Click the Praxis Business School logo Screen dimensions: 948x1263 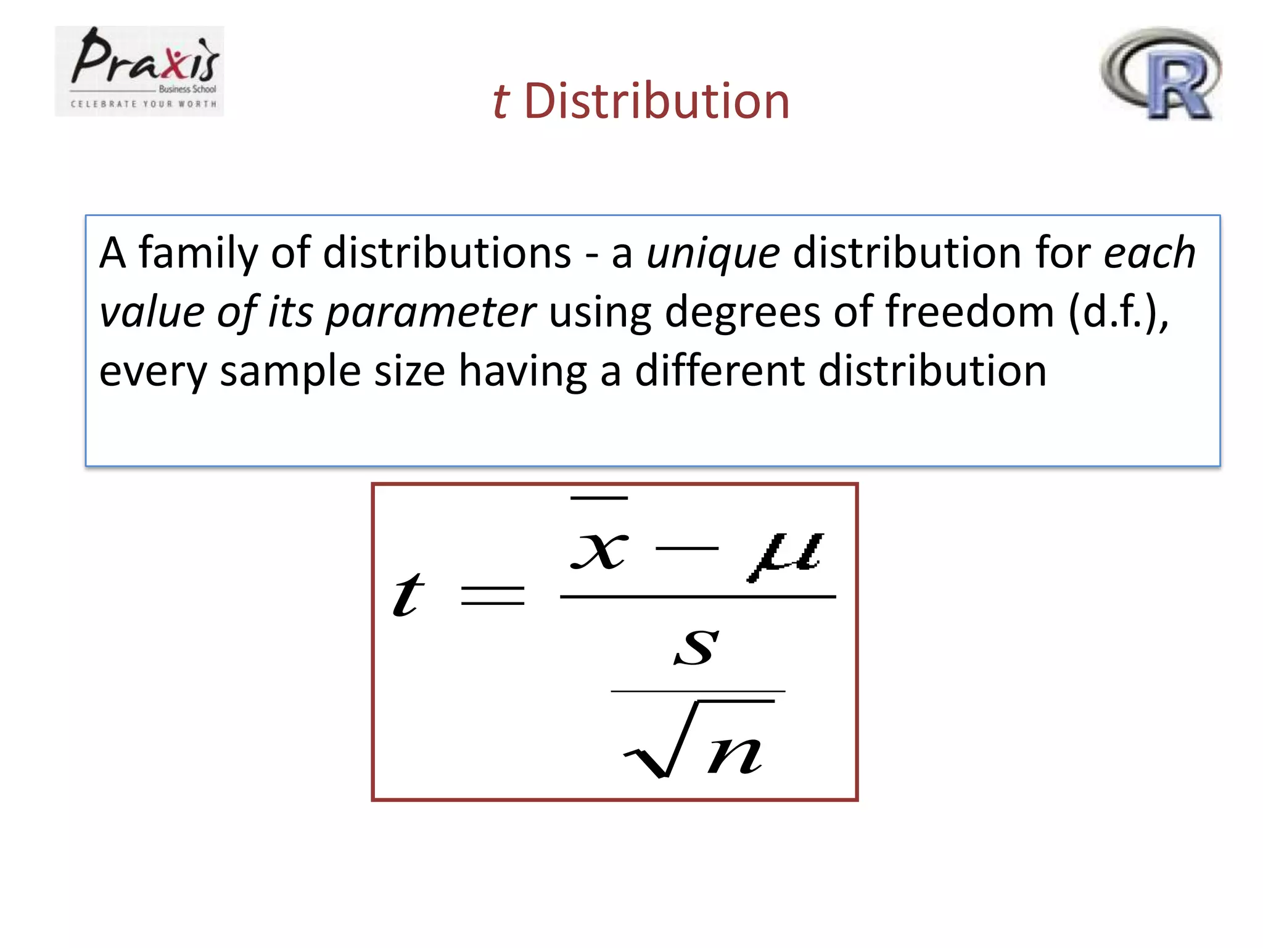coord(139,71)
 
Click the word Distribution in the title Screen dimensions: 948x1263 coord(657,101)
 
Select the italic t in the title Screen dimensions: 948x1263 coord(501,101)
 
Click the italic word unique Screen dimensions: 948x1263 coord(713,253)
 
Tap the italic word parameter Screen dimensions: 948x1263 coord(430,312)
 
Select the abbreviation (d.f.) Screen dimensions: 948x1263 coord(1117,312)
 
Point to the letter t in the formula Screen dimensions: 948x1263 coord(409,595)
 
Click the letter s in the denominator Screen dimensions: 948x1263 coord(697,647)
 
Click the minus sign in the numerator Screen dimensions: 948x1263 coord(687,548)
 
